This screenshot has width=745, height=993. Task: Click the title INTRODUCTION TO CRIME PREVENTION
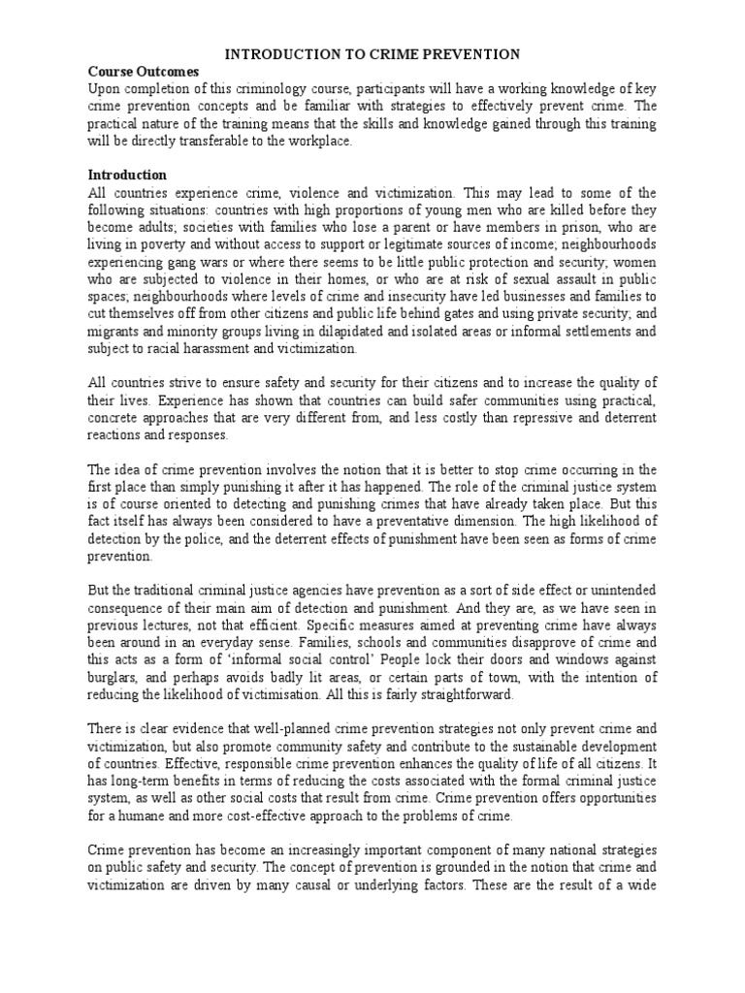click(372, 54)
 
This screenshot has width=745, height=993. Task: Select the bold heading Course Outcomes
click(144, 72)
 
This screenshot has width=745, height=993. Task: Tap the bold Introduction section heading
click(127, 176)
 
